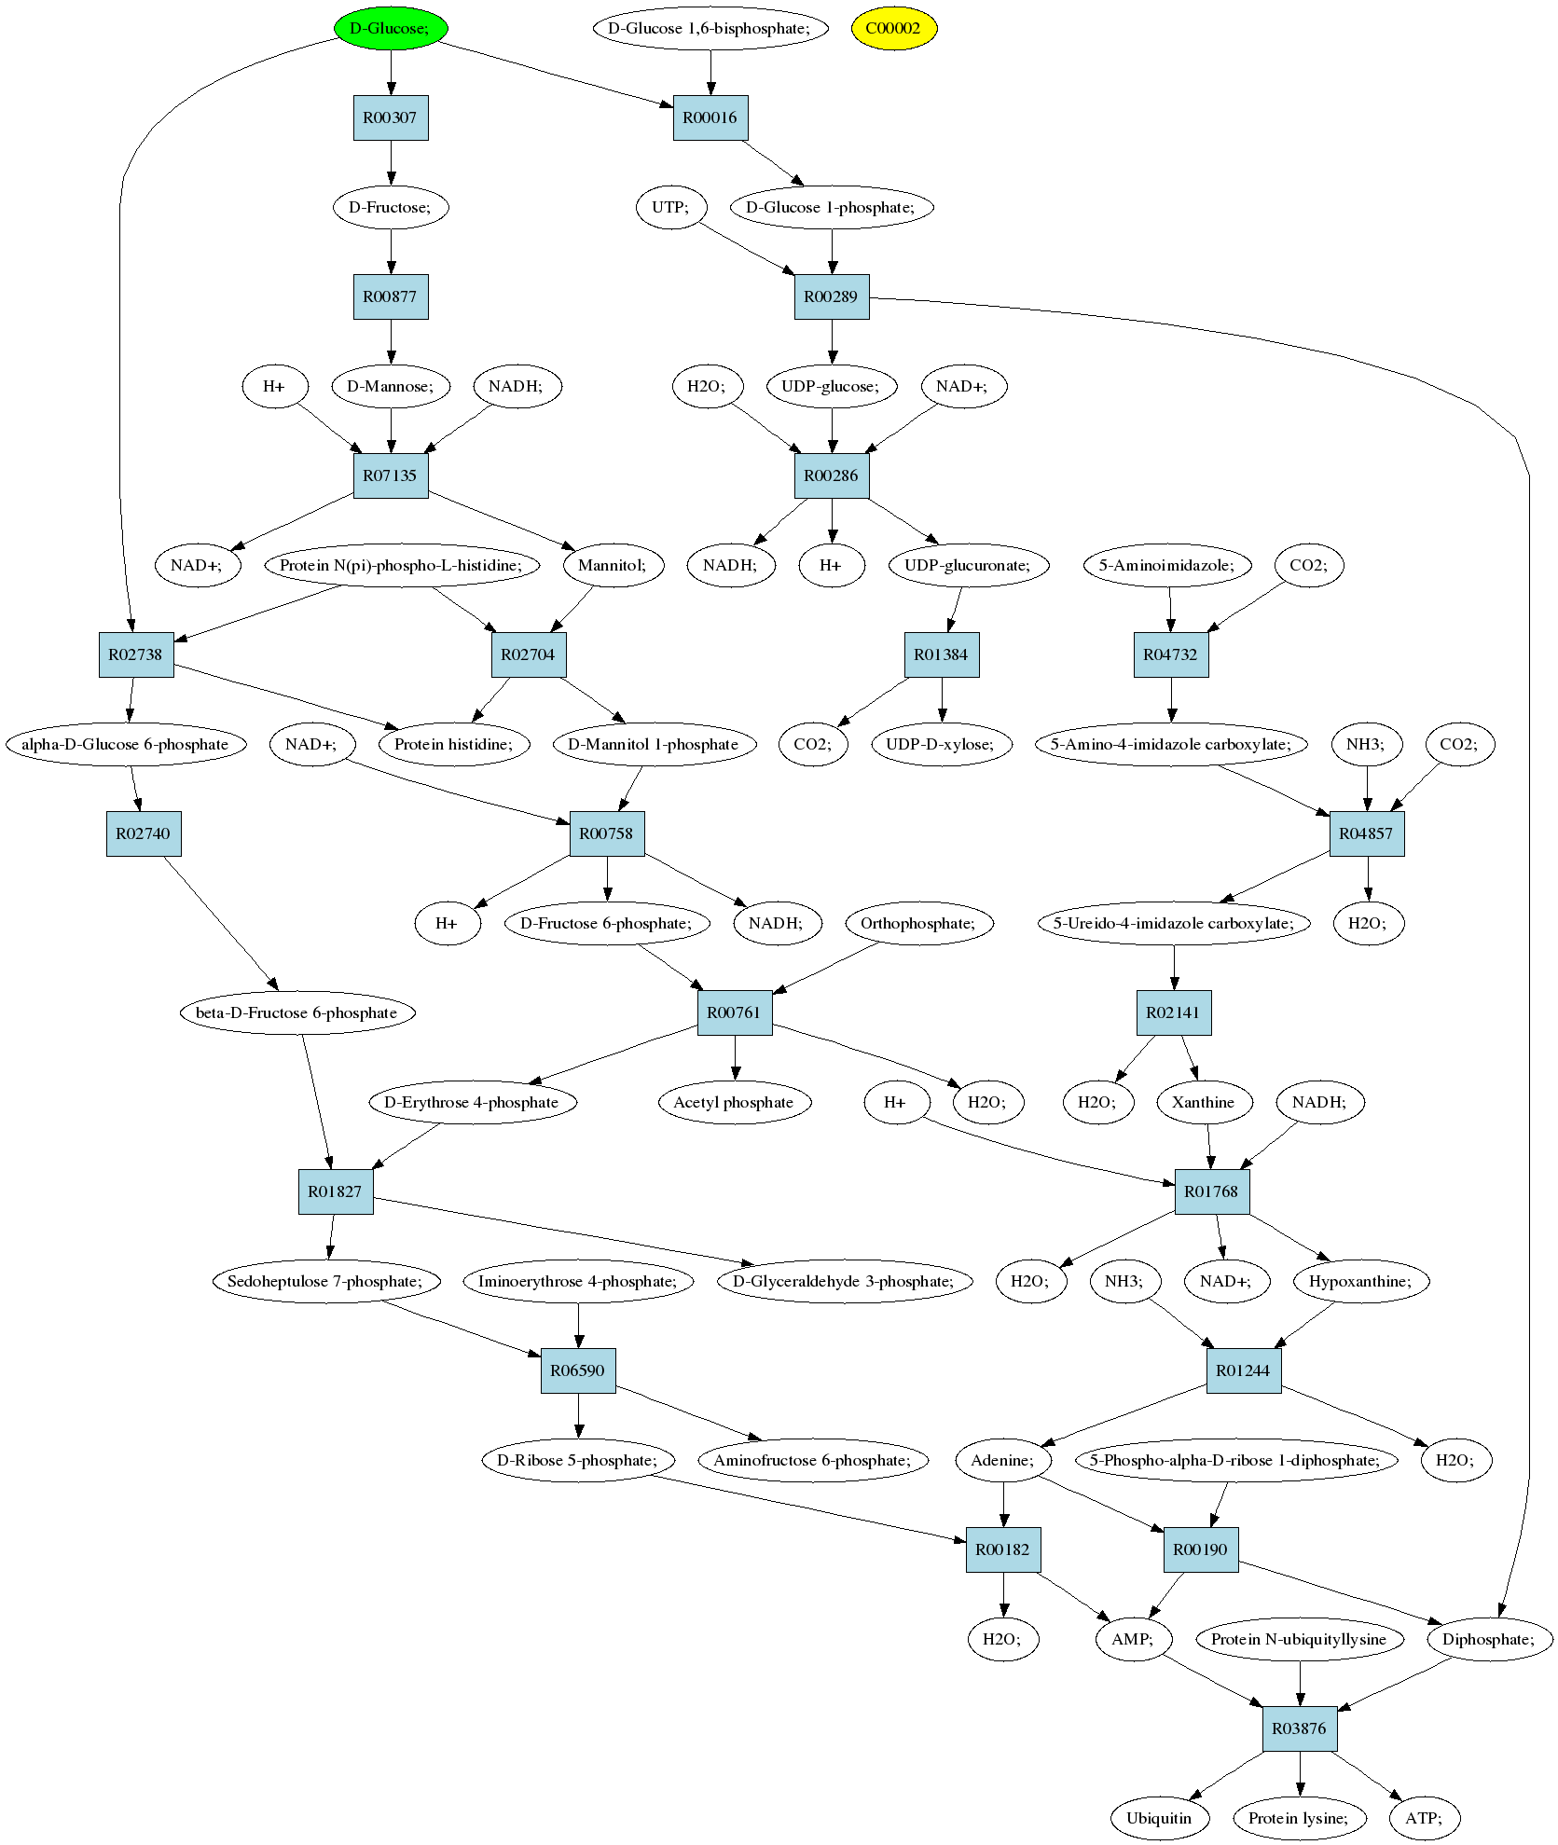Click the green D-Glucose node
[x=391, y=28]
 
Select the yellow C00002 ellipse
[x=893, y=28]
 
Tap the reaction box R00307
[x=391, y=117]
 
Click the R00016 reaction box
[x=710, y=117]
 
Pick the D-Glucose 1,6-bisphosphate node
[x=710, y=28]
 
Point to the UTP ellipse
[x=670, y=207]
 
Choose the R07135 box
[x=391, y=475]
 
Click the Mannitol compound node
[x=613, y=565]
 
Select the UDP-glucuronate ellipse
[x=969, y=565]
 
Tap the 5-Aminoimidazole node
[x=1167, y=565]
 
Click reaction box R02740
[x=144, y=833]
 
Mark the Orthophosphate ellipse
[x=918, y=923]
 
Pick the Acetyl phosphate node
[x=734, y=1102]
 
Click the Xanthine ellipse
[x=1204, y=1102]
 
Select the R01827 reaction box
[x=336, y=1191]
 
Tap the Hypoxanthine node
[x=1360, y=1281]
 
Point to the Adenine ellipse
[x=1003, y=1460]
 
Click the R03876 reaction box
[x=1300, y=1728]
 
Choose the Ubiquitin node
[x=1160, y=1818]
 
